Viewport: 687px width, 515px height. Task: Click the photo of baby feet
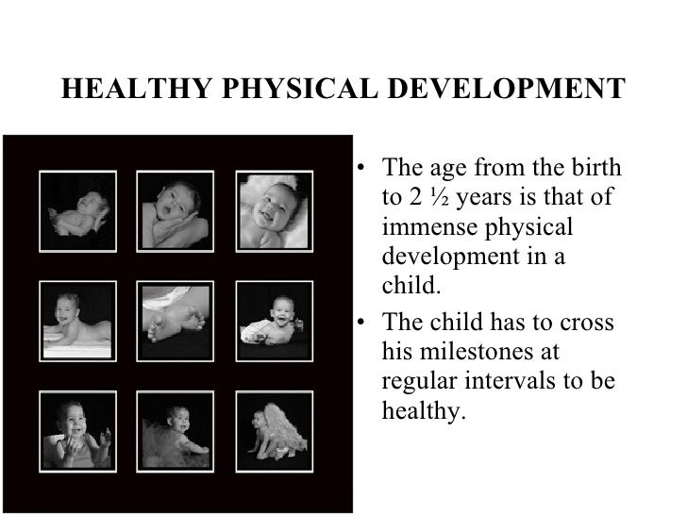[x=171, y=313]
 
